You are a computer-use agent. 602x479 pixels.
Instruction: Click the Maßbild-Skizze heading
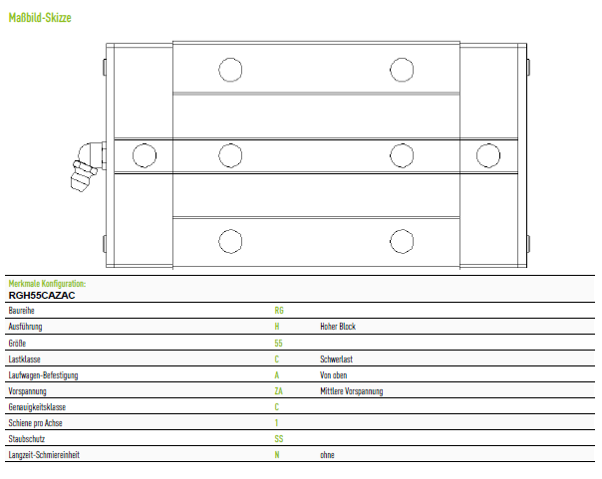(40, 18)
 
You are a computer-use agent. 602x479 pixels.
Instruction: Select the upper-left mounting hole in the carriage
(230, 70)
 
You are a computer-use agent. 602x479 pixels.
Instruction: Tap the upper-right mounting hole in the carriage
(402, 70)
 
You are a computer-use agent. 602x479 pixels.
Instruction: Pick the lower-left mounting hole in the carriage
(230, 241)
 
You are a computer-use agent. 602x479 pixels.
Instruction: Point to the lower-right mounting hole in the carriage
(402, 241)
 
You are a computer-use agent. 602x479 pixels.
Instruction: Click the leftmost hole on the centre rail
(145, 155)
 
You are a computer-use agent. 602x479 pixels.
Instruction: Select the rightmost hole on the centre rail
(488, 155)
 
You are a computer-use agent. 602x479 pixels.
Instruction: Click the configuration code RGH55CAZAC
(42, 296)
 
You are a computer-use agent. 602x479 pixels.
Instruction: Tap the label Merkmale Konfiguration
(47, 284)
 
